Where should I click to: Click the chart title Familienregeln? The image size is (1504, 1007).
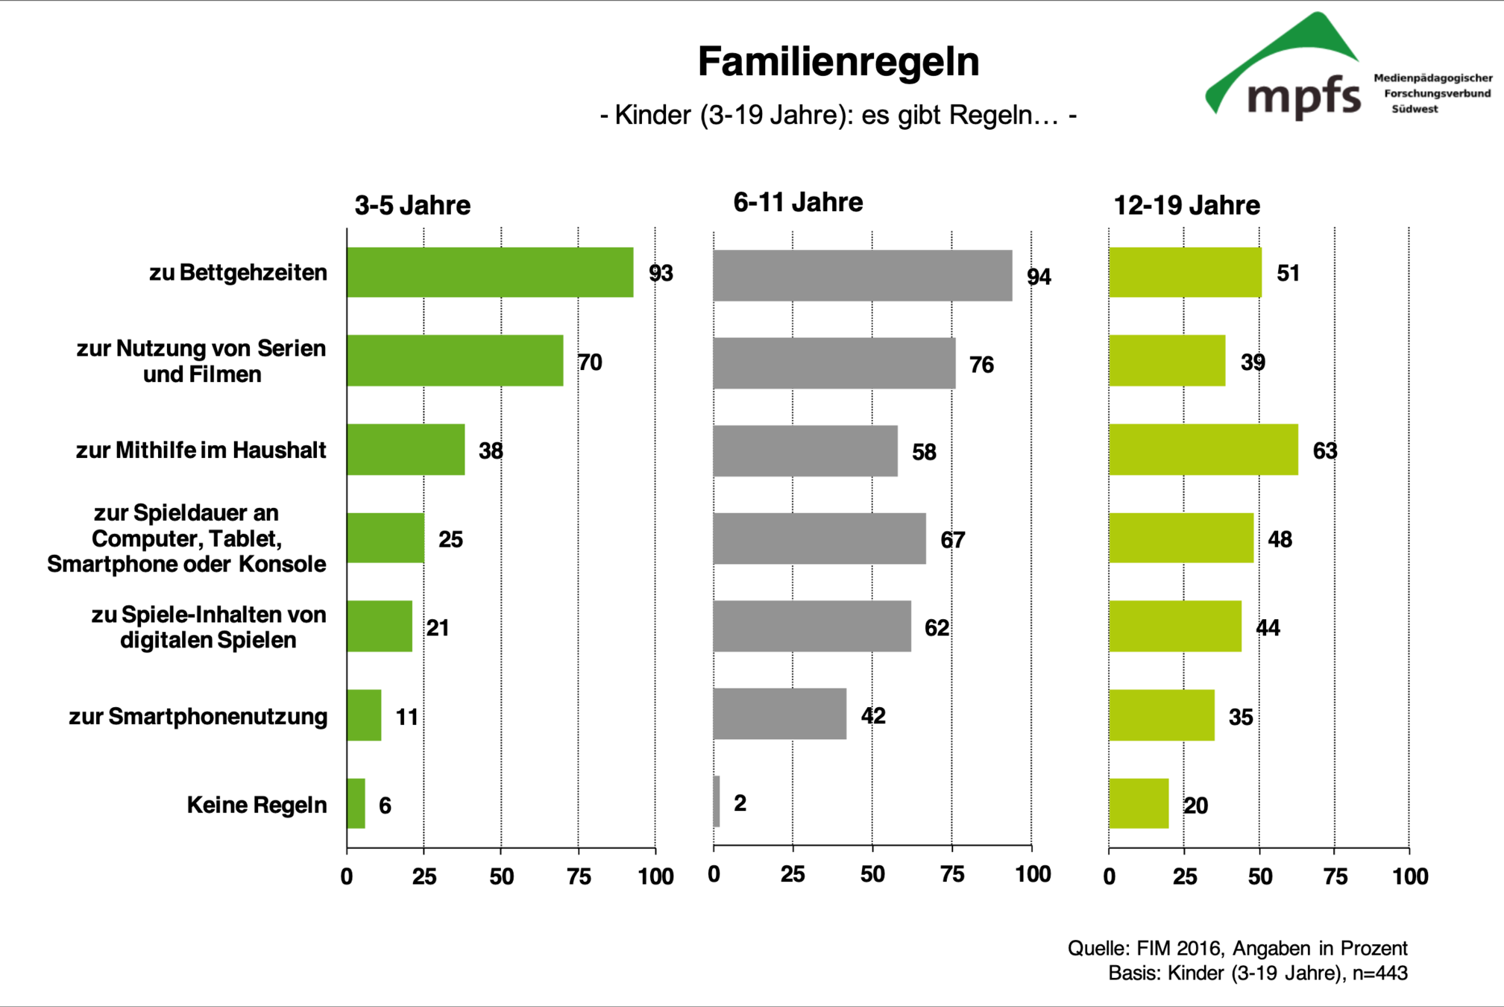[x=838, y=61]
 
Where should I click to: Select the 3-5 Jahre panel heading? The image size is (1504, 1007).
[x=412, y=205]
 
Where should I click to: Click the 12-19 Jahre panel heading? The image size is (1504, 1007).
[x=1186, y=205]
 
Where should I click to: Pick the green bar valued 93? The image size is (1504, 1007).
[x=490, y=272]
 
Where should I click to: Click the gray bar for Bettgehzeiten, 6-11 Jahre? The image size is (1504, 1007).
[x=862, y=275]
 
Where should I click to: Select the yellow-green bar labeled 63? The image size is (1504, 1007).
[x=1203, y=450]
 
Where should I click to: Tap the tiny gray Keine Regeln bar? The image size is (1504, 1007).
[x=717, y=802]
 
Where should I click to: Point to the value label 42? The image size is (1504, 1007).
[x=873, y=716]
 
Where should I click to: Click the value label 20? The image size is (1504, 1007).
[x=1196, y=806]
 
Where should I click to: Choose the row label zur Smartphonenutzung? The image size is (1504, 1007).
[x=198, y=717]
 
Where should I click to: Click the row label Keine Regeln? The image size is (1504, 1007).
[x=257, y=805]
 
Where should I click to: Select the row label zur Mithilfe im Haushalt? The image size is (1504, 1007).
[x=201, y=451]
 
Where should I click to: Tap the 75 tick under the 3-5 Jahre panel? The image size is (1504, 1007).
[x=579, y=876]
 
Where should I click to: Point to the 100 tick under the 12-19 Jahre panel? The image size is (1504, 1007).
[x=1410, y=876]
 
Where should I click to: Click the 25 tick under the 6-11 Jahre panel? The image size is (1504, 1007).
[x=793, y=874]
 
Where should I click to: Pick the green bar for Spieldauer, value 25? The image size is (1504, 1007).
[x=386, y=538]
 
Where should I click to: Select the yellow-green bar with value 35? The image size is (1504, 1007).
[x=1161, y=715]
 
